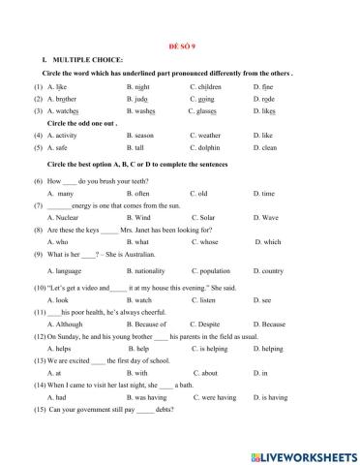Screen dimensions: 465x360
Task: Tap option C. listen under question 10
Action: pyautogui.click(x=205, y=302)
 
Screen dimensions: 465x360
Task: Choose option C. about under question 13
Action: pyautogui.click(x=205, y=373)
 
